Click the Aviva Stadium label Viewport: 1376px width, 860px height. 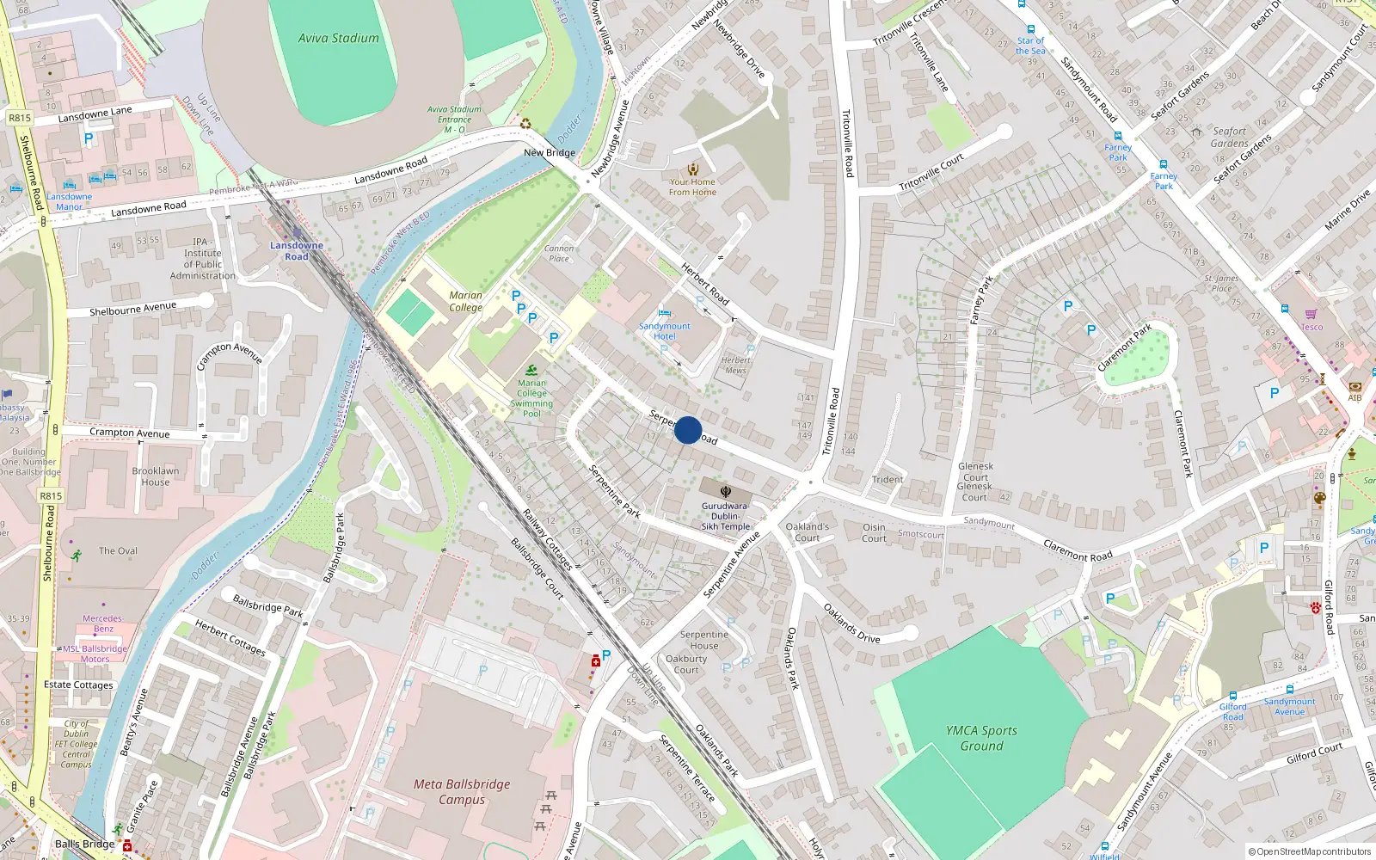point(338,39)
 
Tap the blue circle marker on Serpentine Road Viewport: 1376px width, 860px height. point(688,430)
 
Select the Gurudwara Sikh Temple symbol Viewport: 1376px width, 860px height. point(725,492)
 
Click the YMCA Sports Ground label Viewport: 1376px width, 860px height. point(981,738)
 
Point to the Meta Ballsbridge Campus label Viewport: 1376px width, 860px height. point(462,792)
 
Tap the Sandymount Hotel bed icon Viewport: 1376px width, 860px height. point(664,313)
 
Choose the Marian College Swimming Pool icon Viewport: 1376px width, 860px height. point(531,370)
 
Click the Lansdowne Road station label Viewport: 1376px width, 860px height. point(297,250)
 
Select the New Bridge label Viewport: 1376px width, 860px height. point(550,153)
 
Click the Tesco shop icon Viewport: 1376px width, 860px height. point(1311,314)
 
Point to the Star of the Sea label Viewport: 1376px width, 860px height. point(1030,46)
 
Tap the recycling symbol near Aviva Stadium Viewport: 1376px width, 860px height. point(525,124)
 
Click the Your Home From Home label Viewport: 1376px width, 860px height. point(692,187)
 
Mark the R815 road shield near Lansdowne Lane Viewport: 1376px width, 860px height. point(19,118)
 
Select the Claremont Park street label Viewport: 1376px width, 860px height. point(1124,348)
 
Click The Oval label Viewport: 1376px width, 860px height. point(118,551)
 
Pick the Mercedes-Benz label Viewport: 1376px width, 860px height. point(102,623)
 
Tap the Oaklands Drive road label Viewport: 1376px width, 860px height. point(851,623)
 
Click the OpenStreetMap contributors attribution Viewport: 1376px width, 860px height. point(1310,852)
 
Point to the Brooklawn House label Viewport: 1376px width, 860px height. point(156,476)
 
